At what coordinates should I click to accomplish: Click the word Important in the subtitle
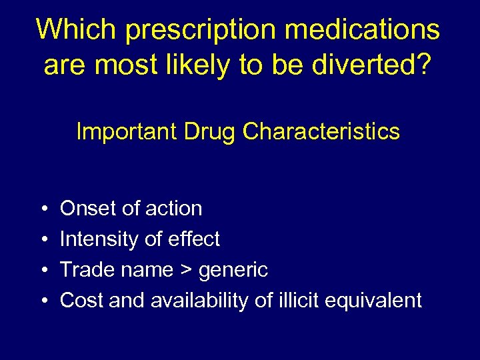pyautogui.click(x=127, y=131)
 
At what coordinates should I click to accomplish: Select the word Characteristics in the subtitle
pyautogui.click(x=321, y=131)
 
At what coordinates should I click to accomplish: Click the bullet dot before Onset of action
pyautogui.click(x=43, y=209)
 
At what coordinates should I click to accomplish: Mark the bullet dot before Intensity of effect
pyautogui.click(x=43, y=239)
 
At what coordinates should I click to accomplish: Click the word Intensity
pyautogui.click(x=98, y=239)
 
